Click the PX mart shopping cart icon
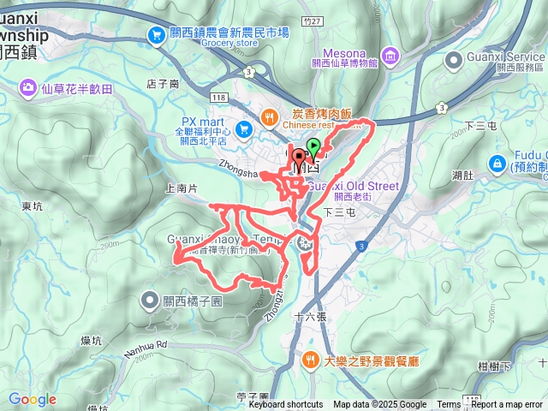(244, 128)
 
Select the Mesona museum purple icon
(390, 57)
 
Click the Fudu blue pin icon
(496, 163)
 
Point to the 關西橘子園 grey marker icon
(148, 301)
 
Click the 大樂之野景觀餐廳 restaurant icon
(311, 360)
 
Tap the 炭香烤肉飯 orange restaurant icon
(269, 114)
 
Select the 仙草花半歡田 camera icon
(28, 87)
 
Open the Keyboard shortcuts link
(285, 405)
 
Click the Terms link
(449, 405)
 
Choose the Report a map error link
(507, 405)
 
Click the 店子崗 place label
(163, 84)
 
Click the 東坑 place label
(32, 206)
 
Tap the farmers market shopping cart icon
(156, 34)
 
